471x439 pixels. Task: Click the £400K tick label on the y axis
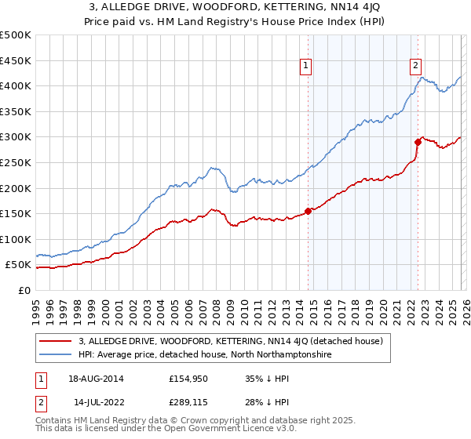coord(16,85)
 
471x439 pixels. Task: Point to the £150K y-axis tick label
coord(16,213)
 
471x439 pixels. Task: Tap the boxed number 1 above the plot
coord(305,66)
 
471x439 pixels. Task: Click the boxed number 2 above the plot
coord(415,66)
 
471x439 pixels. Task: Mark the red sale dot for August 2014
coord(308,211)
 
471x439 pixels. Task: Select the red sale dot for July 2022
coord(418,142)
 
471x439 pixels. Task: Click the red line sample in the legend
coord(56,341)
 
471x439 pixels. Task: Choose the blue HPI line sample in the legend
coord(56,355)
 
